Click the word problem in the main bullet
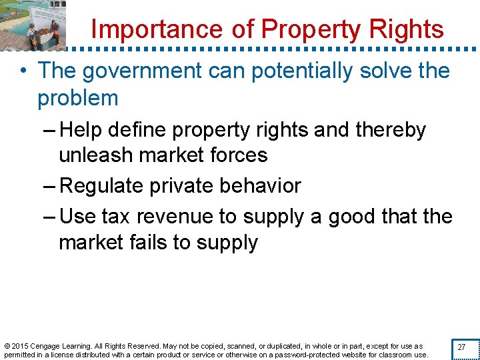coord(78,98)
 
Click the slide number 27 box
coord(461,347)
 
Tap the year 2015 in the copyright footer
coord(20,346)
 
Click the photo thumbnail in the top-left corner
coord(33,25)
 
